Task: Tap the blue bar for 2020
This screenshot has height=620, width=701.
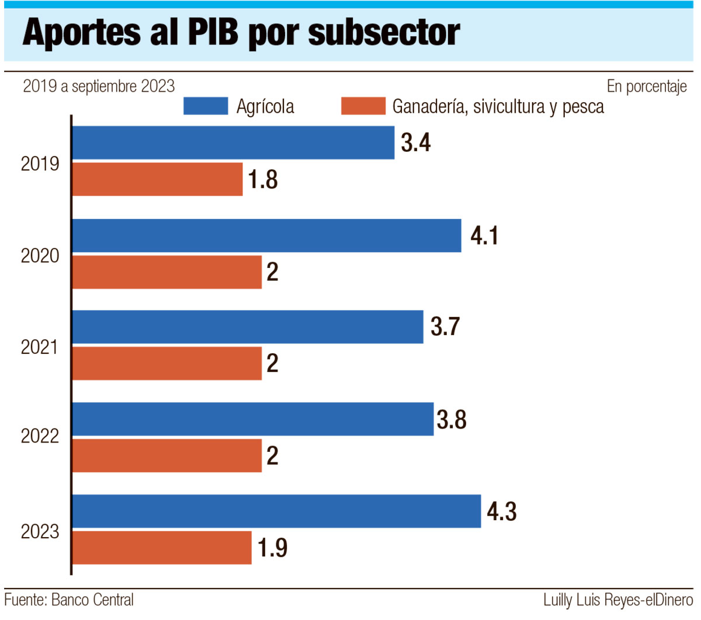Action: (x=266, y=235)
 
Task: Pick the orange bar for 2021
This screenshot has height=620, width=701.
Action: (x=166, y=363)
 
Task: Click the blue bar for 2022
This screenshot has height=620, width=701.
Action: (x=252, y=419)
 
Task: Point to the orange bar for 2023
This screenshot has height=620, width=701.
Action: (x=161, y=548)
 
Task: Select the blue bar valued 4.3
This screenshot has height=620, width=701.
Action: (x=276, y=511)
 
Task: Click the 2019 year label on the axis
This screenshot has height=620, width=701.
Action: (x=40, y=164)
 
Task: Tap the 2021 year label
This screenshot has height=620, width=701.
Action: (x=40, y=347)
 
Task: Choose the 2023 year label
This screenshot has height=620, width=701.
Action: (x=40, y=532)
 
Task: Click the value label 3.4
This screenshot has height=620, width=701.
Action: (x=416, y=143)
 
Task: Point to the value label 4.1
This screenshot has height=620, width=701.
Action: (x=484, y=236)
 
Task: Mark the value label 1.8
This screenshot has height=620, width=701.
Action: (x=263, y=180)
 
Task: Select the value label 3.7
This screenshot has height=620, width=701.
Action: (x=445, y=327)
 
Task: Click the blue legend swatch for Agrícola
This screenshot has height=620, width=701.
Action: (x=205, y=106)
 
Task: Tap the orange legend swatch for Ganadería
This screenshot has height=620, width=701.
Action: (x=363, y=106)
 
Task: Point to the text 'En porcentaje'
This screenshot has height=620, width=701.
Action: (x=647, y=87)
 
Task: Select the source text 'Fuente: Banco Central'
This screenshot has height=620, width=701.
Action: (x=69, y=600)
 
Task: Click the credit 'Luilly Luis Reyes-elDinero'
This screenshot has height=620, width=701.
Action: (x=617, y=600)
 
